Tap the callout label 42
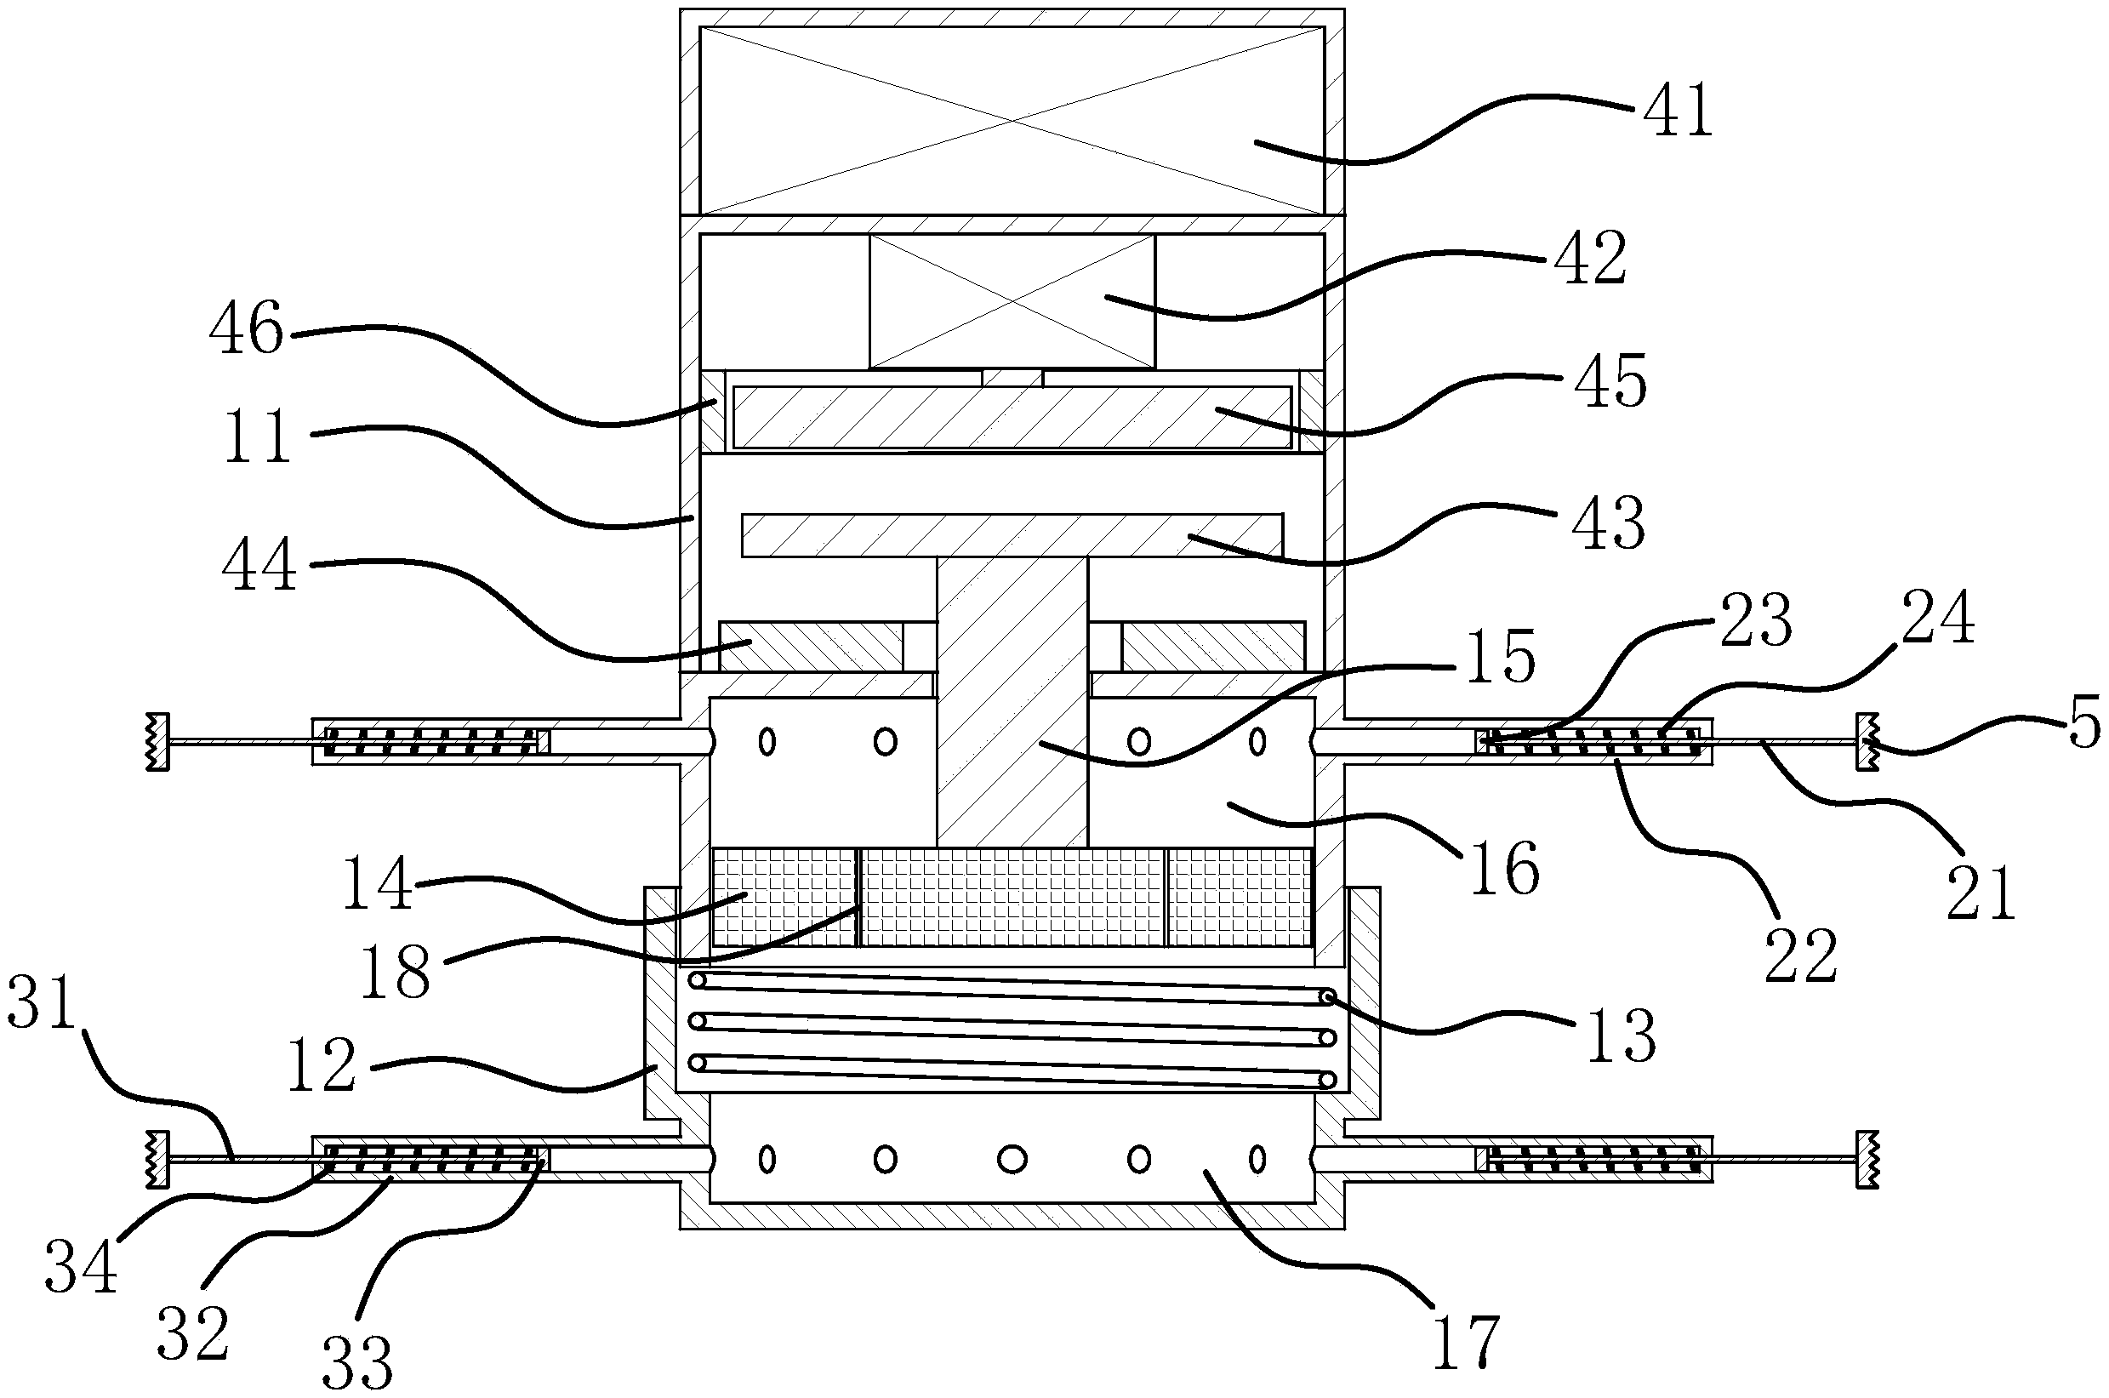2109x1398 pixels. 1591,259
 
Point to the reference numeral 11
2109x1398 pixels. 258,437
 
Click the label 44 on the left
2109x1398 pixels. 259,567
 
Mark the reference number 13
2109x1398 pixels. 1621,1036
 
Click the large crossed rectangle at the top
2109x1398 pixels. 1011,120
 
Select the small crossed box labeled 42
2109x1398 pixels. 1011,300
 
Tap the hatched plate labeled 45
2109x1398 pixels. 1011,417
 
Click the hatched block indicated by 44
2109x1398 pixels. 811,647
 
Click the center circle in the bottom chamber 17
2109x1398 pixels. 1011,1159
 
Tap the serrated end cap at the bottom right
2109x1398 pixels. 1867,1159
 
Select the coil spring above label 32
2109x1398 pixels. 433,1160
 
